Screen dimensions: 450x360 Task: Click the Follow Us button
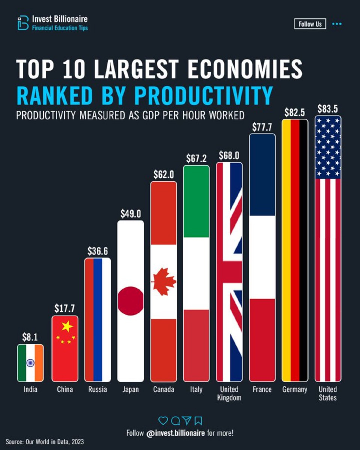point(310,24)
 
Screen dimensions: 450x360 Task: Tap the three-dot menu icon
point(337,24)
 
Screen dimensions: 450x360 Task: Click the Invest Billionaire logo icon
point(23,23)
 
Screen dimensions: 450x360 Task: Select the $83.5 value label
point(327,109)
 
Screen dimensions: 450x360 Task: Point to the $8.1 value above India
point(30,337)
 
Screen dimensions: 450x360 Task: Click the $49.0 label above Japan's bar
point(130,214)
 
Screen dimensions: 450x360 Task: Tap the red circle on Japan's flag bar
point(131,301)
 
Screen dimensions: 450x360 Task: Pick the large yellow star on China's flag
point(67,327)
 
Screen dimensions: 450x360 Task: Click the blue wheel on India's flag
point(30,363)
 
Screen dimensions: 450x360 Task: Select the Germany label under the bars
point(295,389)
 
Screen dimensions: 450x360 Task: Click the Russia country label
point(98,389)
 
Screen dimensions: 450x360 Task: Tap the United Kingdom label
point(229,393)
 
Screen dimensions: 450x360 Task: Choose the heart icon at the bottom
point(163,420)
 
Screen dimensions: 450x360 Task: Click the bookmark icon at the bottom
point(198,420)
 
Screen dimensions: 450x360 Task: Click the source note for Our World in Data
point(45,442)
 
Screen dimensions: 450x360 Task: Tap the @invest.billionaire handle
point(175,433)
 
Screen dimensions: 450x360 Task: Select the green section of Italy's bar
point(196,202)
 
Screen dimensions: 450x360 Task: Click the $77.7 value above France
point(262,127)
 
